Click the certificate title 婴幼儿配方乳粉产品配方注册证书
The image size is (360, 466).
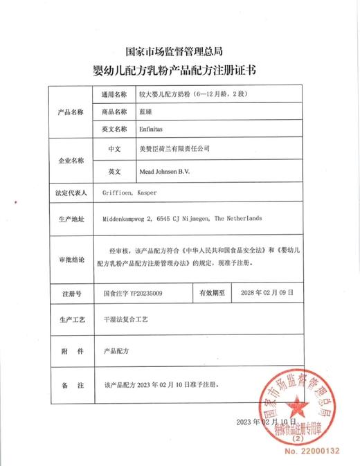pyautogui.click(x=180, y=70)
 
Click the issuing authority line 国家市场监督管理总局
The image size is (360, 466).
pyautogui.click(x=180, y=52)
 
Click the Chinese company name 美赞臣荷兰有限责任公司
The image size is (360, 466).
pyautogui.click(x=174, y=148)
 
